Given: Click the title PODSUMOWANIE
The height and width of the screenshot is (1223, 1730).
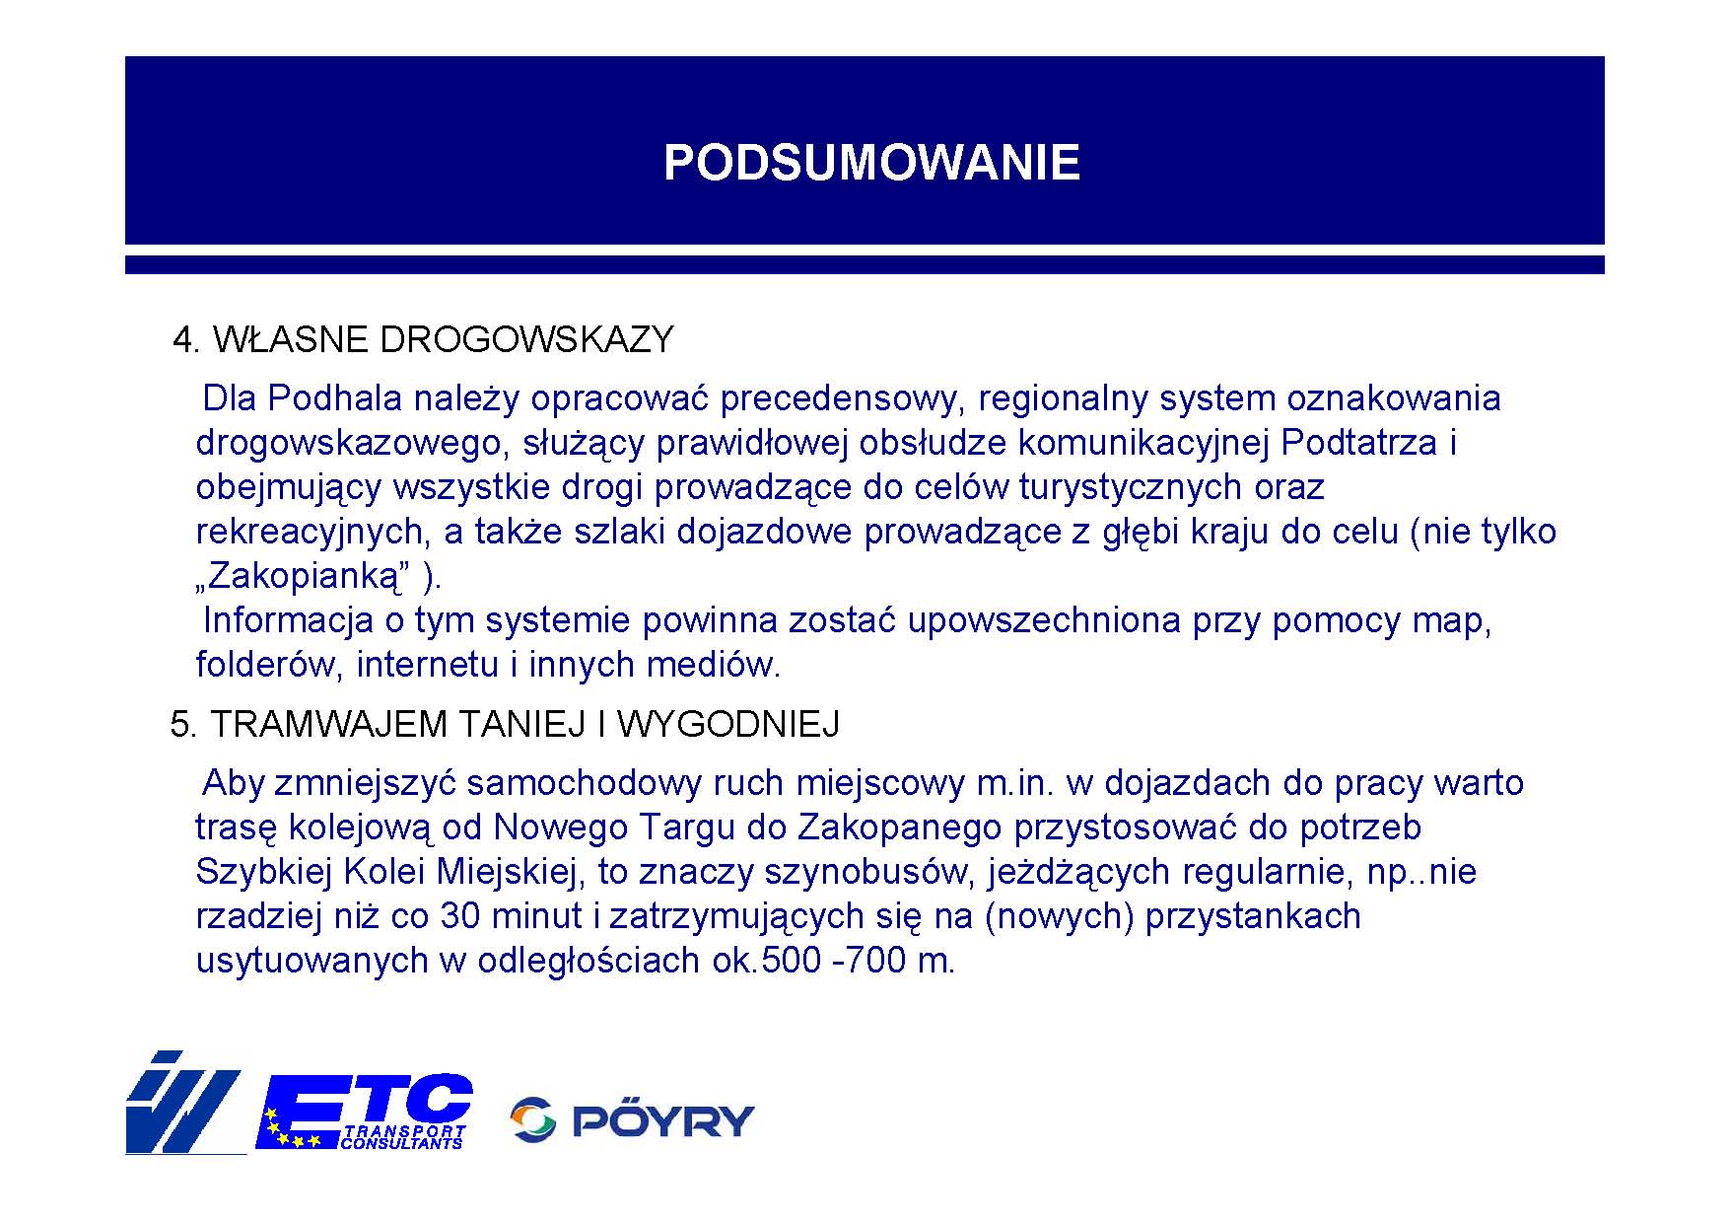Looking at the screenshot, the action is point(871,163).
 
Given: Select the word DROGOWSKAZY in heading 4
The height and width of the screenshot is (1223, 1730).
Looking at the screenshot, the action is point(526,339).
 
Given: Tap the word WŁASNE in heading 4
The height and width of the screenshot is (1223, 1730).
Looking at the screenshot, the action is point(291,339).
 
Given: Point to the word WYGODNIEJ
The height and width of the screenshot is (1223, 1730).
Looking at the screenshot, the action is point(728,724).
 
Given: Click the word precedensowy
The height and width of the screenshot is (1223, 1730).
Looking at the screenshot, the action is point(843,398).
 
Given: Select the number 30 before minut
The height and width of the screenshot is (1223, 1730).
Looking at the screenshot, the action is point(459,916).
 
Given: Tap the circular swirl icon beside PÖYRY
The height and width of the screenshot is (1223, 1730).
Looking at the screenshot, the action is point(533,1119).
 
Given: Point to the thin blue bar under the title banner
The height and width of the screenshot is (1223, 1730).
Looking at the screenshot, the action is point(865,264).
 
